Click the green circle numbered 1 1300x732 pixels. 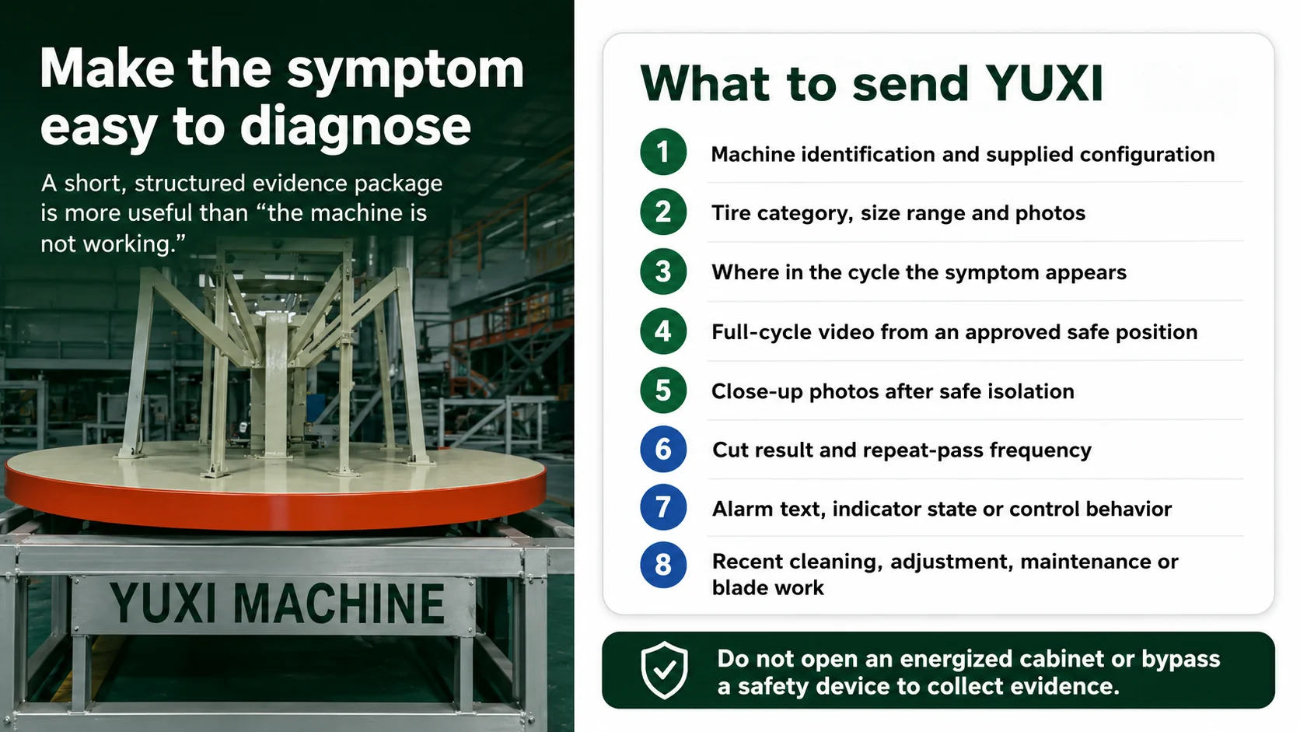click(x=663, y=152)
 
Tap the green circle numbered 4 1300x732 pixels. click(x=663, y=331)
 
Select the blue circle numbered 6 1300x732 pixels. click(x=663, y=449)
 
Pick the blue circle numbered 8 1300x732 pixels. click(x=663, y=565)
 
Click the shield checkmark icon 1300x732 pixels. click(x=665, y=670)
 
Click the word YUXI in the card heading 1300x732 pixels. click(x=1044, y=83)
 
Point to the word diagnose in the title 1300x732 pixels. click(x=355, y=127)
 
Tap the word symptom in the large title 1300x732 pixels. click(x=405, y=71)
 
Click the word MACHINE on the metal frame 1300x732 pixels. click(x=339, y=603)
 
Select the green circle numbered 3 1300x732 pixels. click(x=663, y=271)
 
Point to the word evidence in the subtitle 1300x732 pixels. click(x=299, y=184)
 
